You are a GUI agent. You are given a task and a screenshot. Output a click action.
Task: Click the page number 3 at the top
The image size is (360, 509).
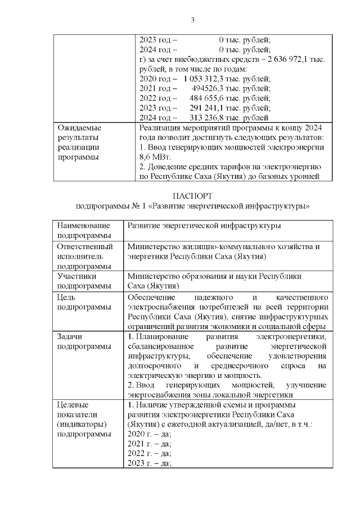tap(192, 21)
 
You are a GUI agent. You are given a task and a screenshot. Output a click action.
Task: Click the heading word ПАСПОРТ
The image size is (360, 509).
tap(193, 196)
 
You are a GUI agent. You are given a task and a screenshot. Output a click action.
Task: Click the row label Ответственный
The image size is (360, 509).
tap(85, 246)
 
